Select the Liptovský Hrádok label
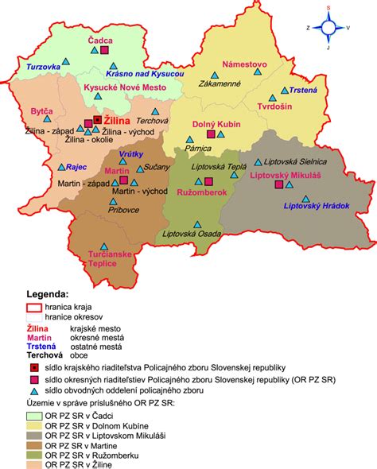[317, 206]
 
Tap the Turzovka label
[44, 68]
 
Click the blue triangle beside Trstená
[283, 91]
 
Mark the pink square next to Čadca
[105, 50]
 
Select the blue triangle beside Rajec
[61, 168]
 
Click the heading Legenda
[48, 294]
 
